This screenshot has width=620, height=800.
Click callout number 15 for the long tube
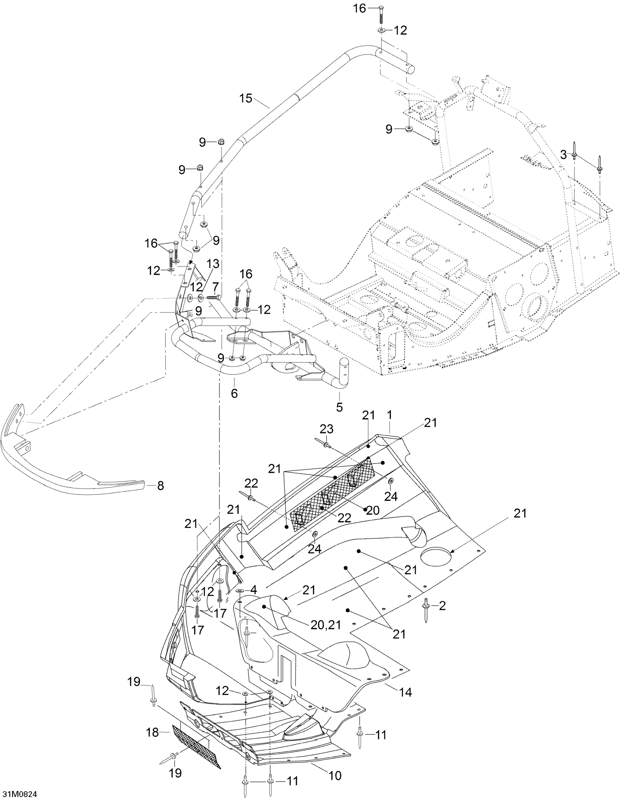click(246, 98)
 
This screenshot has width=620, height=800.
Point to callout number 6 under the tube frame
click(234, 393)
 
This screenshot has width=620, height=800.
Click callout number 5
click(339, 407)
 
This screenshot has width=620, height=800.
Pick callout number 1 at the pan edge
click(389, 415)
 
